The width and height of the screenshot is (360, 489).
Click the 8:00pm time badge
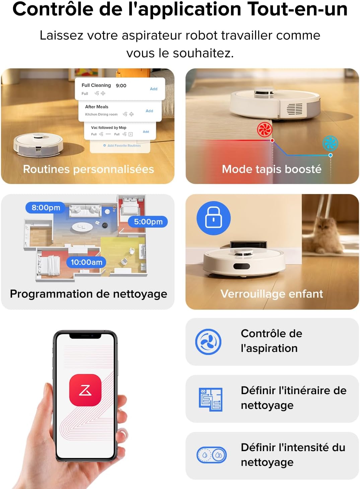[46, 207]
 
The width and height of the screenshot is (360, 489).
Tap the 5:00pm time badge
[148, 222]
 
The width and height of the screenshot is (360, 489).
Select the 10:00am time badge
[86, 262]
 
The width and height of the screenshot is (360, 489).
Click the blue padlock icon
[214, 218]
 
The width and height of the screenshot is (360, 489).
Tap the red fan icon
[265, 129]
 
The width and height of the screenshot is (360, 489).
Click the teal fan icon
[330, 143]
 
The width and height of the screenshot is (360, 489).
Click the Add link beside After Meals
[149, 111]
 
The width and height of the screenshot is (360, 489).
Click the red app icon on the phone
[85, 390]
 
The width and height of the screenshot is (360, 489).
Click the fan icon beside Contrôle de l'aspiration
[208, 342]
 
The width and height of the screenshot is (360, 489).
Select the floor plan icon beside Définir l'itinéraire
[211, 399]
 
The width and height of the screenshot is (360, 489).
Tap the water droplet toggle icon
[212, 455]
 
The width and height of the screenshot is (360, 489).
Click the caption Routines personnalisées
[88, 169]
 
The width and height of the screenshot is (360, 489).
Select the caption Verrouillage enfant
[272, 294]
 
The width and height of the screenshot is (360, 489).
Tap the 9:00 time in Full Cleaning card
[121, 85]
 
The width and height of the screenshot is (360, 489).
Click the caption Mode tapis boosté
[272, 169]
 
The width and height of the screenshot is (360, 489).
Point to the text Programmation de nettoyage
[88, 294]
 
